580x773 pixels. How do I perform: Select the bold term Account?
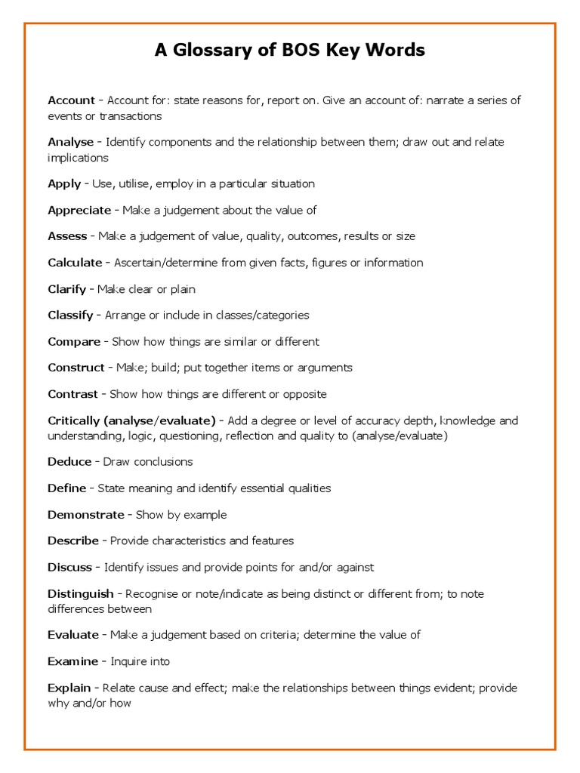[71, 100]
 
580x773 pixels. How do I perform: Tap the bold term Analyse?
[70, 142]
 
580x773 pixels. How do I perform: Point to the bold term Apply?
[63, 183]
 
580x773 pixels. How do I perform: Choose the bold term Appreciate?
[79, 210]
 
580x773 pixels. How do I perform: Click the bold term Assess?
[67, 236]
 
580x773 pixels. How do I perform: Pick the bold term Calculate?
[75, 263]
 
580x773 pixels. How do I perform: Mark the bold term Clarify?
[66, 289]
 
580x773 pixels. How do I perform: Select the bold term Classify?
[70, 316]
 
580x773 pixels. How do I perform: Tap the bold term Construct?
[76, 368]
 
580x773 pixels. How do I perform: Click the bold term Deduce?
[69, 462]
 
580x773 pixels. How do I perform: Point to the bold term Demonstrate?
[85, 515]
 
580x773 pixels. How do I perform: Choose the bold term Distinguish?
[81, 594]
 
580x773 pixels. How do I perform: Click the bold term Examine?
[72, 661]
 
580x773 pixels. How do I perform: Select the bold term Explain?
[69, 688]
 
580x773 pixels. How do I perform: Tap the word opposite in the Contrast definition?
[304, 394]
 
